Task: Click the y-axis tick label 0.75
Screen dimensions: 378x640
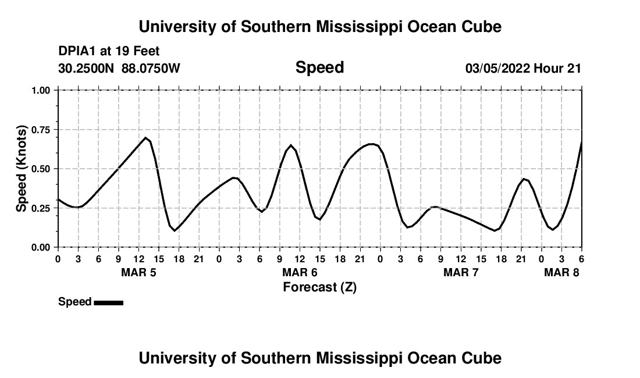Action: tap(42, 130)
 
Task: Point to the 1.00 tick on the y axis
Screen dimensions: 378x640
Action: tap(42, 90)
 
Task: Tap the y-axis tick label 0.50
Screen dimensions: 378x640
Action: tap(42, 169)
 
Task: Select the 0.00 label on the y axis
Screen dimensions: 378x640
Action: tap(42, 247)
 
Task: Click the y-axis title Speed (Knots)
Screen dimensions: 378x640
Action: tap(22, 169)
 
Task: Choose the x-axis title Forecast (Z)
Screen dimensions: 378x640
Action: tap(319, 287)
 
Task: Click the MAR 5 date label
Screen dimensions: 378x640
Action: tap(138, 273)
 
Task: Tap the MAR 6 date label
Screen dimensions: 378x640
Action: tap(300, 273)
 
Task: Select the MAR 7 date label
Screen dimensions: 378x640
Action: tap(461, 273)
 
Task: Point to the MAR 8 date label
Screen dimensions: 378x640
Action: tap(561, 273)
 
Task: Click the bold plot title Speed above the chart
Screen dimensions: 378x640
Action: tap(319, 67)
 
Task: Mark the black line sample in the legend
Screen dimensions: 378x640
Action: tap(108, 302)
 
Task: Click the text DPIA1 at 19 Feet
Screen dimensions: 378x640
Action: tap(109, 52)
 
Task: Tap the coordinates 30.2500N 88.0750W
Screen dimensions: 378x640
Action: tap(119, 69)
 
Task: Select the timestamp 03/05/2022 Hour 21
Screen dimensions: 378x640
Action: tap(523, 69)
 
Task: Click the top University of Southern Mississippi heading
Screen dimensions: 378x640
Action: tap(319, 27)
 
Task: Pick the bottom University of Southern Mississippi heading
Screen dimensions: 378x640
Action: tap(319, 358)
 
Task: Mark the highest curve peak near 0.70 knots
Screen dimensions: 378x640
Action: tap(145, 138)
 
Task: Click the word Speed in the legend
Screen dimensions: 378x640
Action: tap(74, 302)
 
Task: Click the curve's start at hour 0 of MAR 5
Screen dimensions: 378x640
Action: tap(58, 199)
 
